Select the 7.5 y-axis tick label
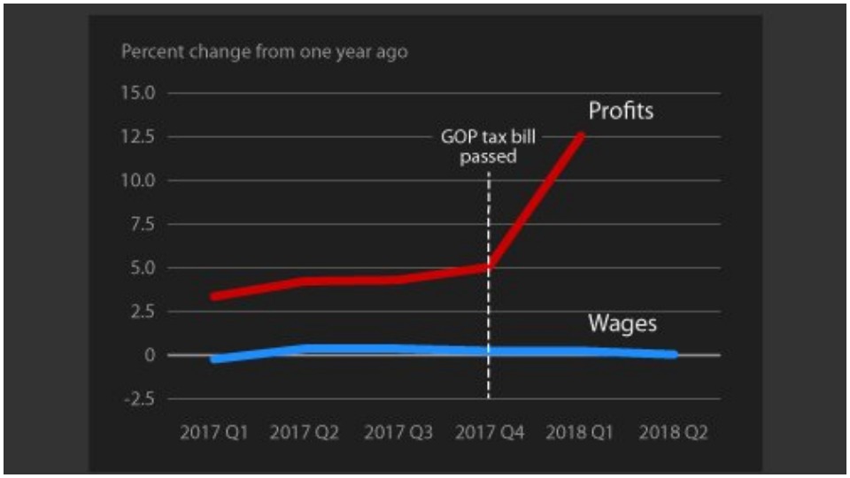click(141, 224)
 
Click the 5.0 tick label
click(141, 267)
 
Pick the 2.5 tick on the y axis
click(141, 312)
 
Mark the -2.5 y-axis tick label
click(137, 398)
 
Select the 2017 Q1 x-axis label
click(213, 433)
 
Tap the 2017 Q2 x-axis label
click(304, 433)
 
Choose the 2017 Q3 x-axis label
click(398, 433)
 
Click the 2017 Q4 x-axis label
click(490, 433)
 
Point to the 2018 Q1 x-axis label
click(582, 433)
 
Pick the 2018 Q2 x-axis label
click(674, 433)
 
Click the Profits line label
click(622, 112)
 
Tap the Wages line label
click(622, 323)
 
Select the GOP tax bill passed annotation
click(489, 147)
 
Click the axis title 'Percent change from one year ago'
click(264, 51)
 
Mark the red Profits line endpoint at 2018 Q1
click(582, 135)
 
